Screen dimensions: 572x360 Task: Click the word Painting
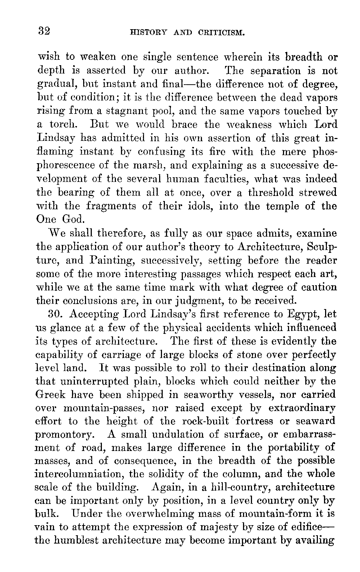pyautogui.click(x=107, y=260)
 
